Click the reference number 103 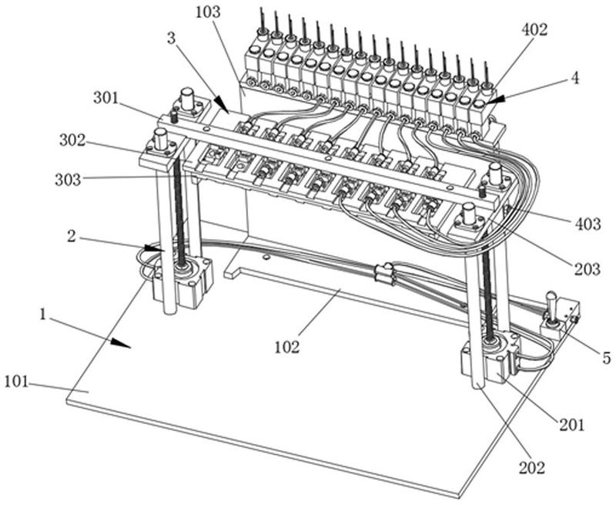208,12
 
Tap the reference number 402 534,30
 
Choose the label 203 586,269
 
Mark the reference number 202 532,467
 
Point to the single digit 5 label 606,358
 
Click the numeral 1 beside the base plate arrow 45,316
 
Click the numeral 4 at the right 574,79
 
